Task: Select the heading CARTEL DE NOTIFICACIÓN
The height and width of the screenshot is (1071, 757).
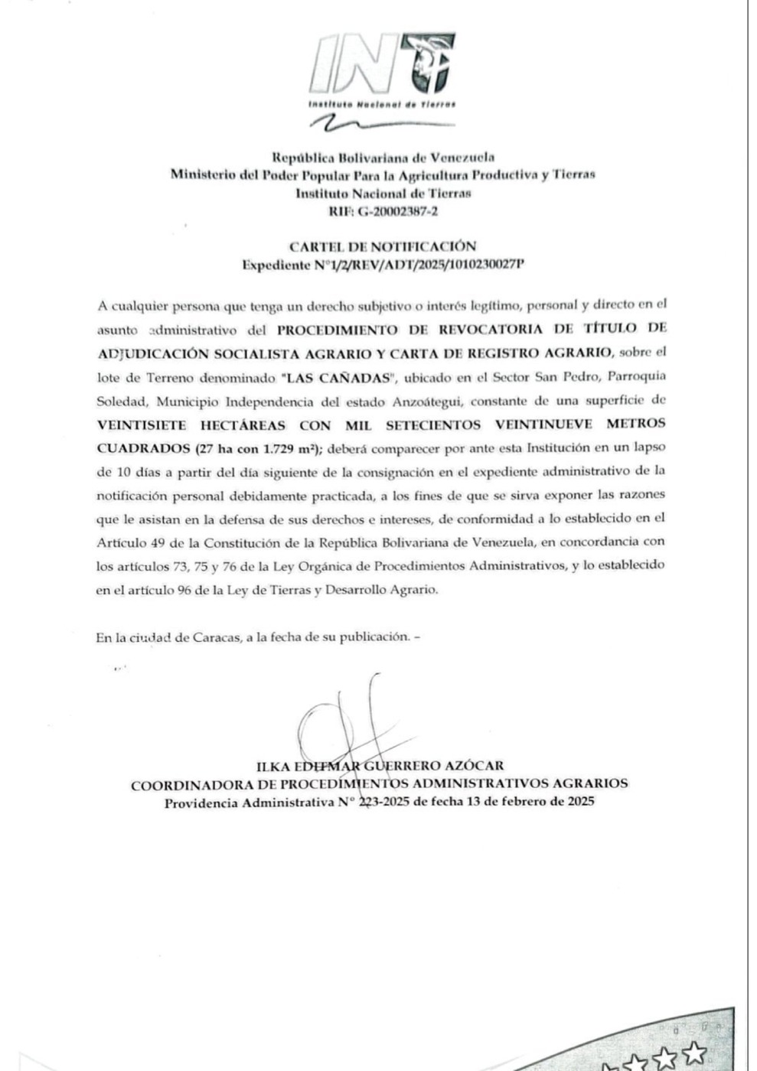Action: tap(382, 246)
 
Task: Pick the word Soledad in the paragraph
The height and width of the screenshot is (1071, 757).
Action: tap(118, 401)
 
